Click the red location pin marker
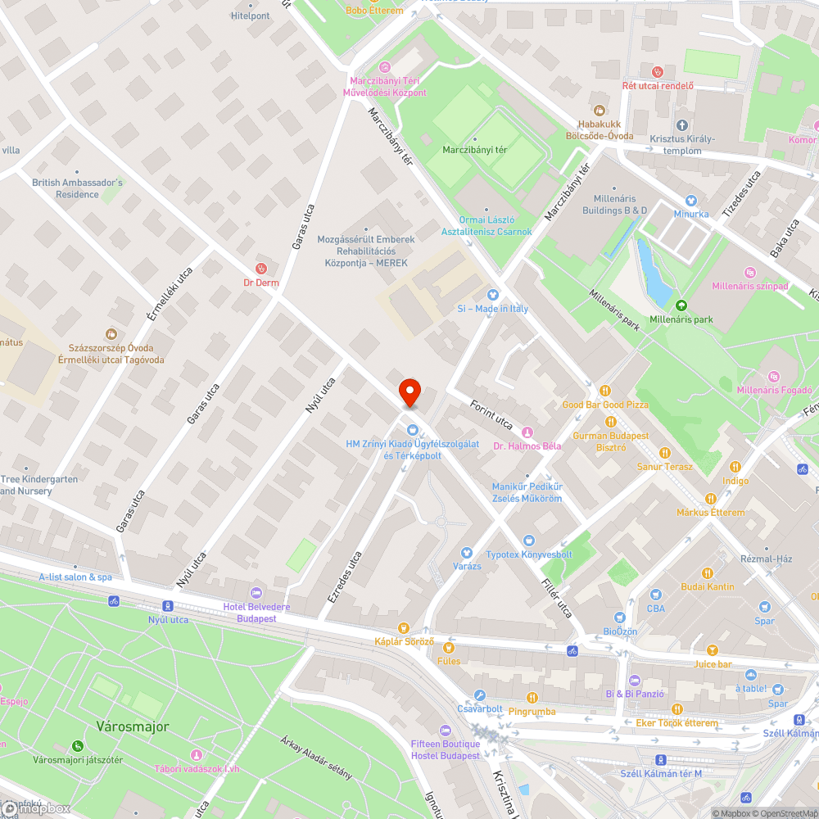(x=409, y=392)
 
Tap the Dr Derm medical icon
(x=261, y=267)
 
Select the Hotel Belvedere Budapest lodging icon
(x=257, y=592)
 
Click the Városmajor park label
(x=132, y=726)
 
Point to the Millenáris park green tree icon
(x=681, y=305)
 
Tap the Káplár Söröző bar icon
(x=403, y=627)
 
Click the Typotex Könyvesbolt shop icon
(x=528, y=541)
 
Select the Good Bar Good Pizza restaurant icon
(x=605, y=391)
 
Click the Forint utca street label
(x=491, y=414)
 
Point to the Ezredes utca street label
(x=345, y=577)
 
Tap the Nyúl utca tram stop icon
(x=168, y=606)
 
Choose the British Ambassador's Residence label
(x=77, y=188)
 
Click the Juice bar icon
(x=712, y=650)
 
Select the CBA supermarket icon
(x=655, y=595)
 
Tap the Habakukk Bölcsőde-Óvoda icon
(x=600, y=111)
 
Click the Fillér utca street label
(x=556, y=598)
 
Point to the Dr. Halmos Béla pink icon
(x=527, y=432)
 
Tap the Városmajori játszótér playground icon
(x=77, y=746)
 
